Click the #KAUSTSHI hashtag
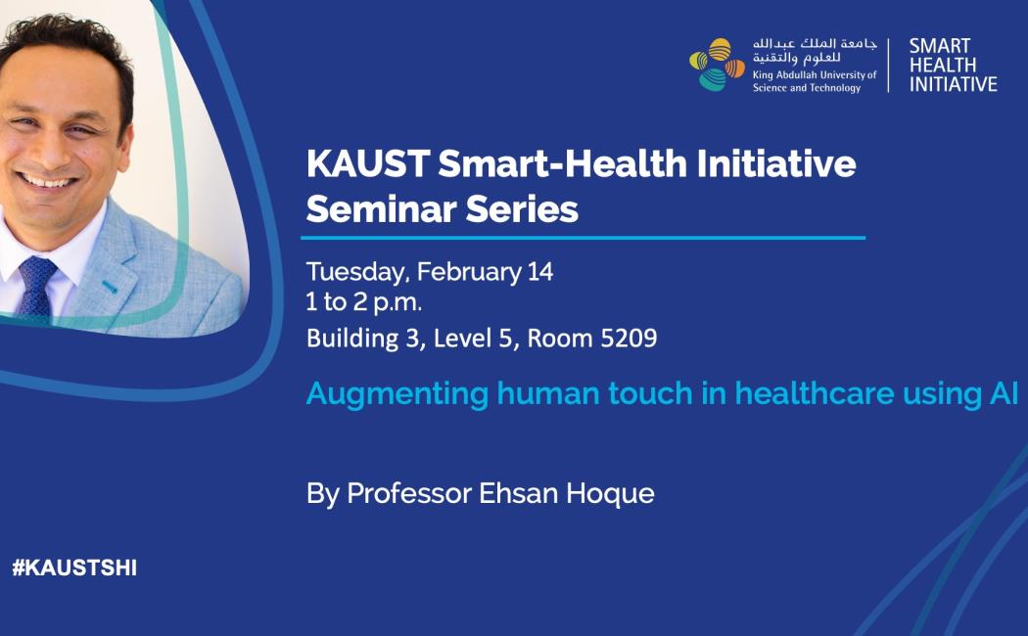[x=74, y=568]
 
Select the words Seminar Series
[x=442, y=209]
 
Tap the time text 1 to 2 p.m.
[x=364, y=302]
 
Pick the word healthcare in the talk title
[x=815, y=393]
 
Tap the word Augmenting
[x=397, y=394]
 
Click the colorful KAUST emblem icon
[x=717, y=65]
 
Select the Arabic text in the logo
[x=815, y=51]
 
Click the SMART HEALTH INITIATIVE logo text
[x=953, y=65]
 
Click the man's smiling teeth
[x=46, y=181]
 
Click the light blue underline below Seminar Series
[x=583, y=238]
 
